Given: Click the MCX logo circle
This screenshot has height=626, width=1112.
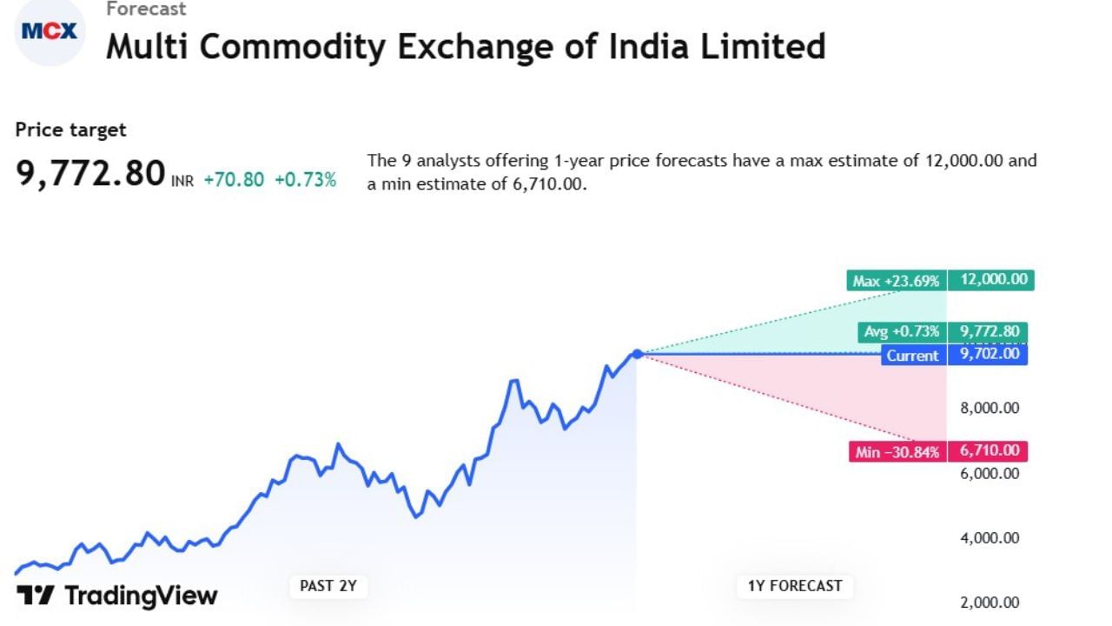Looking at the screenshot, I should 50,32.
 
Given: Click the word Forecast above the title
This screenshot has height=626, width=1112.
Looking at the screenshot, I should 146,9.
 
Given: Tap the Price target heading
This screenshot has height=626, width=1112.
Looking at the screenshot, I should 70,130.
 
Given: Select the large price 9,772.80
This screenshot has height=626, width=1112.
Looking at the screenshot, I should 90,173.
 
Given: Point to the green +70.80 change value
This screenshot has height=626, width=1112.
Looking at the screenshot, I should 234,180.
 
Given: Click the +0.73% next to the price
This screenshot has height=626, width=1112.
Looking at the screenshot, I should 305,180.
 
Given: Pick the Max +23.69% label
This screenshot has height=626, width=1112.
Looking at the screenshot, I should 896,281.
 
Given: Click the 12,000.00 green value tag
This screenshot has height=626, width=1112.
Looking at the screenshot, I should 991,280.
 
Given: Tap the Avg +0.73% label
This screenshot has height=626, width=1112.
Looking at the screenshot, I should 901,332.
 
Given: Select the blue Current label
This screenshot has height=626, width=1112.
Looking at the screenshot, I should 912,355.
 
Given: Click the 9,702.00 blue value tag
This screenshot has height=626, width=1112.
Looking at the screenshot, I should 989,354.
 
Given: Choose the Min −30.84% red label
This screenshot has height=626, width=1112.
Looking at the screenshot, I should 897,451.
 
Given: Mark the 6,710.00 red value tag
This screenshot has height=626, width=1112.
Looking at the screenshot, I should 989,450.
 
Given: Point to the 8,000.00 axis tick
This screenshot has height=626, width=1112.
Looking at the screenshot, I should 989,408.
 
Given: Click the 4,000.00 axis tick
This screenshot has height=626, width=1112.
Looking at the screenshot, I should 989,538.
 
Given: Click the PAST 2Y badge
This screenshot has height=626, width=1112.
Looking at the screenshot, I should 328,586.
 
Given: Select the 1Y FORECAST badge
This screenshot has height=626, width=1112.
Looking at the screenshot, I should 794,586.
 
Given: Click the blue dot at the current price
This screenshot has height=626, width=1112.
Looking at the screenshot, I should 637,354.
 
